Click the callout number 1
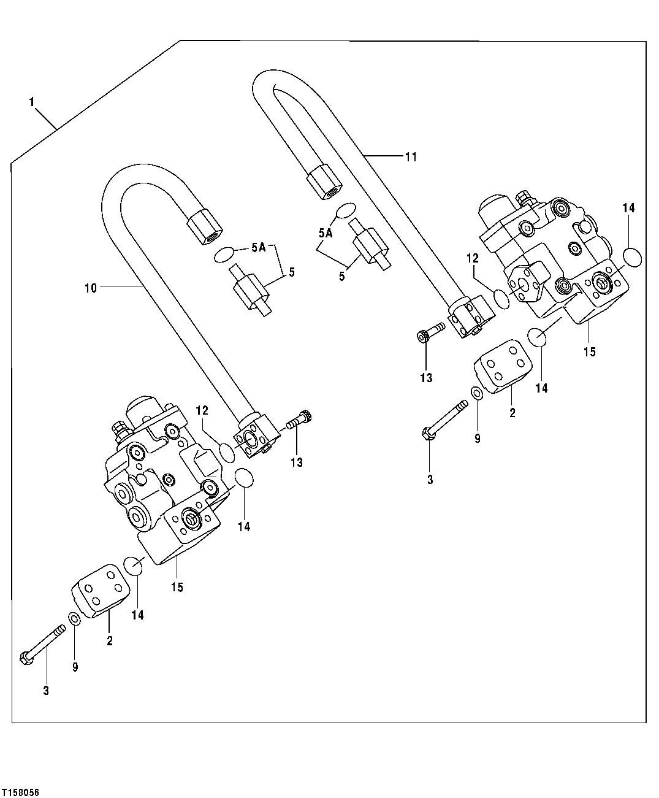[31, 102]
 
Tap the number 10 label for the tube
[90, 288]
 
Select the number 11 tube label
[410, 157]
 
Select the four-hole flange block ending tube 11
[472, 317]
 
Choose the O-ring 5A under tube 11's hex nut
[345, 210]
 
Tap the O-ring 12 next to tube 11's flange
[502, 299]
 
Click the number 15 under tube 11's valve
[589, 351]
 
